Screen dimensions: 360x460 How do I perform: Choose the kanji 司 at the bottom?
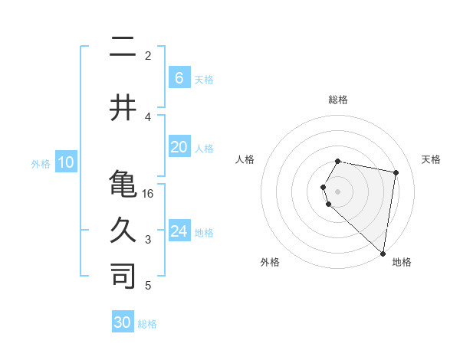(x=123, y=277)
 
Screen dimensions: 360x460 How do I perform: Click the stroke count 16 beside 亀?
(x=149, y=193)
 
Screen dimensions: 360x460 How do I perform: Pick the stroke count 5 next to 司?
(x=149, y=286)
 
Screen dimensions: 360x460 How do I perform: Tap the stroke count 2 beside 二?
(x=148, y=56)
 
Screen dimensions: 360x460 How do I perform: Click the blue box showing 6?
(x=179, y=78)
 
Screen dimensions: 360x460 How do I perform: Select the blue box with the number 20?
(x=179, y=147)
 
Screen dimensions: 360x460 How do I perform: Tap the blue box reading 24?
(x=179, y=231)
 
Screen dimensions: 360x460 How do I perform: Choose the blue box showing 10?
(x=66, y=162)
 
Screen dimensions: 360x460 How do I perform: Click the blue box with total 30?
(x=123, y=322)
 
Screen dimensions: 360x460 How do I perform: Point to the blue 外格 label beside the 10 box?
(x=41, y=163)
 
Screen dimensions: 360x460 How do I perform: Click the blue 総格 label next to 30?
(x=147, y=324)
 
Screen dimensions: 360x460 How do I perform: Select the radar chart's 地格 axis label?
(x=402, y=262)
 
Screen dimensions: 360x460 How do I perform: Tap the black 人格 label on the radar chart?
(x=245, y=159)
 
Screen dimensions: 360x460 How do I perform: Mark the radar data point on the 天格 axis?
(x=396, y=173)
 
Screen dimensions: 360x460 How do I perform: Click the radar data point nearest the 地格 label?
(x=383, y=253)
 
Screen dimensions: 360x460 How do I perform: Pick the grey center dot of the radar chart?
(x=337, y=190)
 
